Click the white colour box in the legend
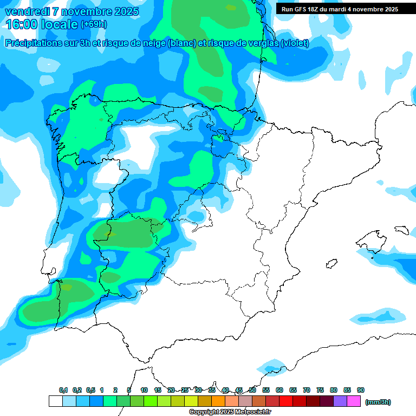(56, 401)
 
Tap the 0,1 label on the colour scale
(63, 390)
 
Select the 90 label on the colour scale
(361, 390)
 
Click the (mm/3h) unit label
(378, 402)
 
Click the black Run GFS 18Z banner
(340, 9)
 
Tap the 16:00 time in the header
(21, 24)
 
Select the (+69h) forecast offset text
(94, 24)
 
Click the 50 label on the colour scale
(252, 390)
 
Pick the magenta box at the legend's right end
(354, 401)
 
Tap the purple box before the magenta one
(340, 401)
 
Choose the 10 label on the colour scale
(144, 390)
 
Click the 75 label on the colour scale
(320, 390)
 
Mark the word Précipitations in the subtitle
(32, 43)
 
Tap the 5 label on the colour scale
(129, 390)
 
